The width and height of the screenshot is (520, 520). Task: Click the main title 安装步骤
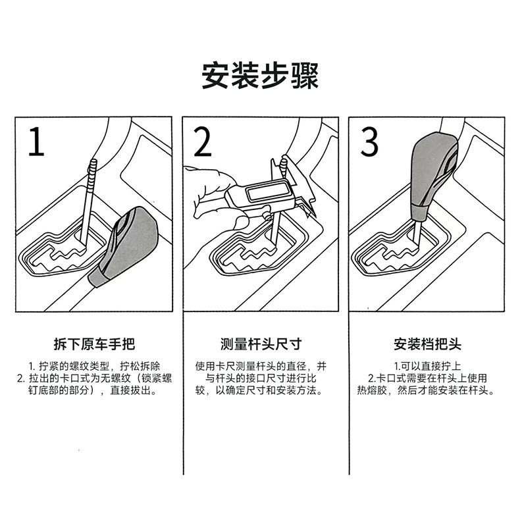click(x=260, y=76)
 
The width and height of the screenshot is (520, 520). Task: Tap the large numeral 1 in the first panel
click(x=36, y=142)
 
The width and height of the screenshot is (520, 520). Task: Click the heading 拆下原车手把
click(x=95, y=344)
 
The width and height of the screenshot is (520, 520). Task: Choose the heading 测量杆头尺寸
click(x=261, y=344)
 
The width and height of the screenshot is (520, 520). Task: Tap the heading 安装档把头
click(x=427, y=344)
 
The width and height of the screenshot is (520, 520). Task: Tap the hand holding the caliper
click(x=214, y=195)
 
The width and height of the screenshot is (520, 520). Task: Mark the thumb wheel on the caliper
click(x=266, y=215)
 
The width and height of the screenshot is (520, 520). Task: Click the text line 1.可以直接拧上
click(x=427, y=367)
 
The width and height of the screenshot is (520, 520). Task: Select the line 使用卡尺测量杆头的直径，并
click(x=261, y=367)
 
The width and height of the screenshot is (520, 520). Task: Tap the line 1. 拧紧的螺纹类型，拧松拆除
click(x=94, y=367)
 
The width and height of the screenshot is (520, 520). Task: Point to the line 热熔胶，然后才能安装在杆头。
click(x=426, y=390)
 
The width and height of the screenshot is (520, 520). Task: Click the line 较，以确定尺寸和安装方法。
click(x=259, y=390)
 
